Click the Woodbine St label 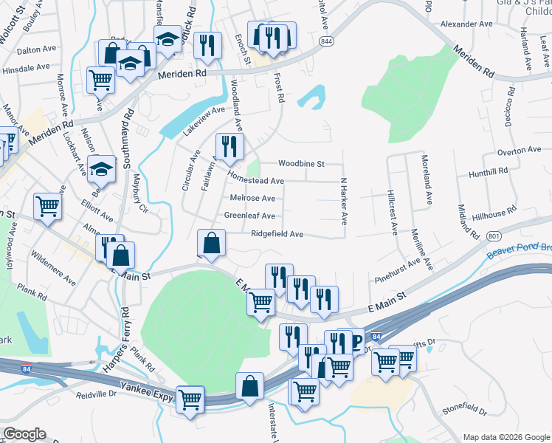pos(300,164)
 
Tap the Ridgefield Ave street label pos(277,234)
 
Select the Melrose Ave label pos(252,198)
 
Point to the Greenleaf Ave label pos(249,216)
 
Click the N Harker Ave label pos(343,201)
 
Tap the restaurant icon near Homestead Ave pos(229,147)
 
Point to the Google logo pos(24,434)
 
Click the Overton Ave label pos(520,151)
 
